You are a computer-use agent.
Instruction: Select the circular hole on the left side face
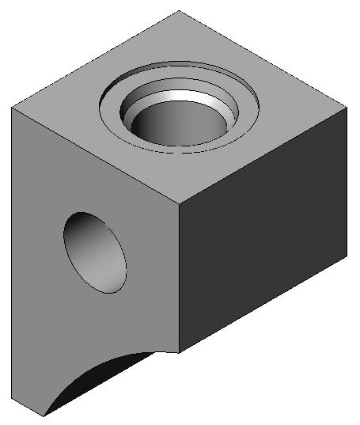coord(96,252)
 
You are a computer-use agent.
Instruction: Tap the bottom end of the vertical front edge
coord(178,353)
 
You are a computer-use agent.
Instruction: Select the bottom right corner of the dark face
coord(349,257)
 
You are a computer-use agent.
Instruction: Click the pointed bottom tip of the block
coord(44,416)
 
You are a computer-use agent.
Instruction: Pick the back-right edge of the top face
coord(264,59)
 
